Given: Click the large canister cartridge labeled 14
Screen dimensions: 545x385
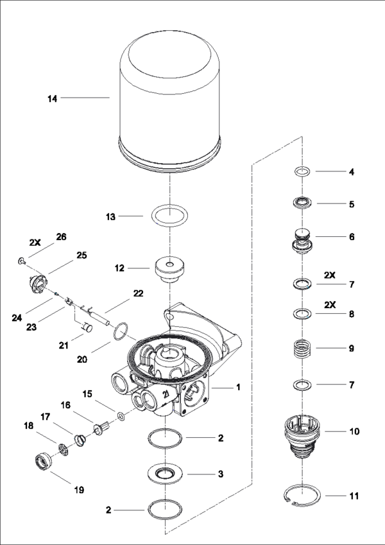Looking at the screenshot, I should tap(169, 103).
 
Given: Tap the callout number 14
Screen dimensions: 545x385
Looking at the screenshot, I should tap(53, 99).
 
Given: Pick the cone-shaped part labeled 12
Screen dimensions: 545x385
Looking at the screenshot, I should tap(169, 268).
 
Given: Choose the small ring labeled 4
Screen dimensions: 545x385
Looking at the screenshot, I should tap(302, 171).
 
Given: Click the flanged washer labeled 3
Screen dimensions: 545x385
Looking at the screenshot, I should tap(170, 474).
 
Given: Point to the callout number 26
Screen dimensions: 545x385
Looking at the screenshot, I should tap(62, 236).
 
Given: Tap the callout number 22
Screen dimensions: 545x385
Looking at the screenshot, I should tap(139, 293).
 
